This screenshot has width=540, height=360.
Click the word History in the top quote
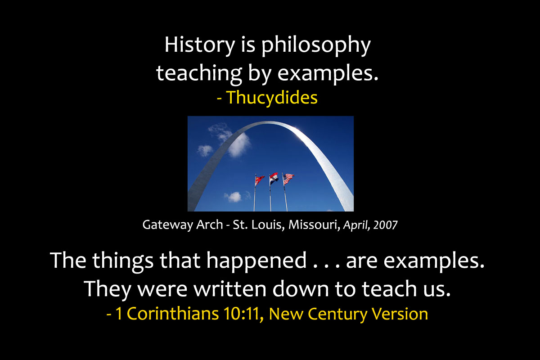click(200, 45)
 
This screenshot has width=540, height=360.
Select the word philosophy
click(316, 46)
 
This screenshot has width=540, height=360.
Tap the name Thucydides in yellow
click(272, 98)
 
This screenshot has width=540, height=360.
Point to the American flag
click(288, 179)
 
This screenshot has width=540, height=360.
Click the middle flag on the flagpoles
click(274, 178)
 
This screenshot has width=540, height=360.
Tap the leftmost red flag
click(260, 180)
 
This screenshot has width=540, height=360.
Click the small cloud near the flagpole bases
click(233, 197)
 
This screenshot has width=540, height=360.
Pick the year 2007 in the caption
click(385, 225)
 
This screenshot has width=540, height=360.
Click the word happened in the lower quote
click(256, 261)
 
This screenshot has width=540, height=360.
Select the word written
click(230, 288)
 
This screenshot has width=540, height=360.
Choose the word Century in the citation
click(337, 314)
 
